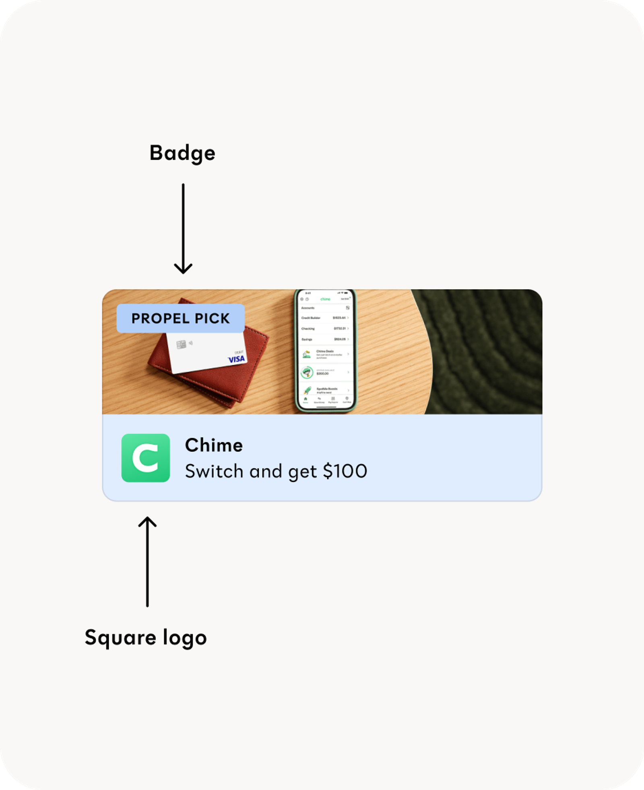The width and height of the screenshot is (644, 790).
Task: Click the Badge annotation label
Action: point(182,153)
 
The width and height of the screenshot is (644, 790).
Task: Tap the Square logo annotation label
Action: point(145,638)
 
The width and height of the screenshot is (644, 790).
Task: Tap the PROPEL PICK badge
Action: point(180,318)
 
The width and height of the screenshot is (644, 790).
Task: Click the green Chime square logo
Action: point(146,458)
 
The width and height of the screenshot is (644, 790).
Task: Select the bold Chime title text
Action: point(214,445)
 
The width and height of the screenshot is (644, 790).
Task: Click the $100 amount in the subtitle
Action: point(345,471)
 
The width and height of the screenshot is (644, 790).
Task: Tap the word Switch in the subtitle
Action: point(214,471)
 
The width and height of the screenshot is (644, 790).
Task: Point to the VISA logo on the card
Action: point(236,359)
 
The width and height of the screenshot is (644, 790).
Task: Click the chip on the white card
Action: point(181,344)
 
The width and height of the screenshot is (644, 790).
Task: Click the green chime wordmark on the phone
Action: point(325,299)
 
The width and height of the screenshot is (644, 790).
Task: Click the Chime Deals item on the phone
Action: point(325,354)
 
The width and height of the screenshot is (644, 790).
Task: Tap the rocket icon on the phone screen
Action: point(308,390)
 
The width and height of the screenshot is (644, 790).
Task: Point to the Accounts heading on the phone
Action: point(308,308)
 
